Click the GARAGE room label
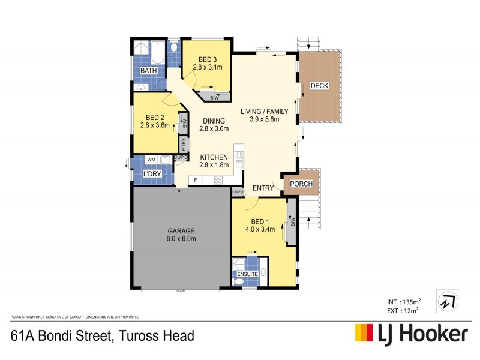coord(181,230)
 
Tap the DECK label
coord(319,86)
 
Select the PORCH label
coord(301,184)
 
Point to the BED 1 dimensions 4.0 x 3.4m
coord(260,229)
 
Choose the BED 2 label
coord(155,117)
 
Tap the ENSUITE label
coord(247,274)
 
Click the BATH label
coord(148,71)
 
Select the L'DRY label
coord(150,174)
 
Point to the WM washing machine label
coord(151,160)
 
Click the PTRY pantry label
coord(184,145)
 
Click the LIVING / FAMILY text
coord(265,111)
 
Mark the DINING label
coord(214,120)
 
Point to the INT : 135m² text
coord(402,301)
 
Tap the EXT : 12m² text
coord(402,310)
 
